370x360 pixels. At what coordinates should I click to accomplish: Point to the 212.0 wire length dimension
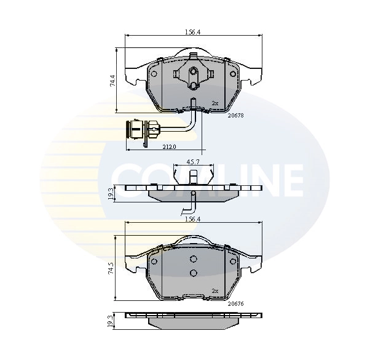tap(170, 146)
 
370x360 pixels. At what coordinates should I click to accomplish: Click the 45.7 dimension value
tap(193, 162)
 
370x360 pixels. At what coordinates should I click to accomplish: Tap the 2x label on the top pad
tap(215, 103)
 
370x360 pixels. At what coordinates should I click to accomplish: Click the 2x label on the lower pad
tap(215, 291)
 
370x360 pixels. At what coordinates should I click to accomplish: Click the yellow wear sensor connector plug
tap(140, 130)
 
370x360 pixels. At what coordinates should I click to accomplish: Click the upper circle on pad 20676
tap(193, 259)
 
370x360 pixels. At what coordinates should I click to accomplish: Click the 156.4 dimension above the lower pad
tap(194, 218)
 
